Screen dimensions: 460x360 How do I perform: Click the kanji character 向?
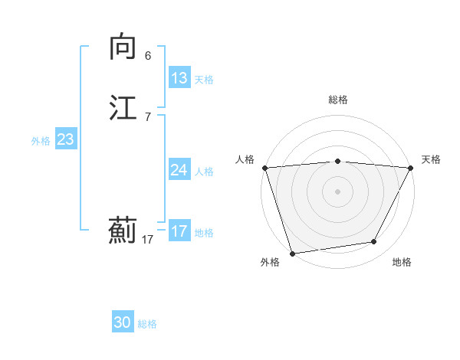(123, 47)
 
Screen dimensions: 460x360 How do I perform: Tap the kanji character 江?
(123, 107)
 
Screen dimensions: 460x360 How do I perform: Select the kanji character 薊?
(123, 231)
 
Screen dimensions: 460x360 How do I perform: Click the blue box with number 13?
(179, 78)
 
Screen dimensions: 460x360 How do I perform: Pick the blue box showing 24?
(179, 170)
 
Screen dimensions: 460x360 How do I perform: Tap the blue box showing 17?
(179, 231)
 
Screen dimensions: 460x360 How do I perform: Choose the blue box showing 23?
(66, 139)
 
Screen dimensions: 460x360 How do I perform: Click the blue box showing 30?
(123, 323)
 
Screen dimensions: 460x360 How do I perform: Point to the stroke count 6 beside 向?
(147, 56)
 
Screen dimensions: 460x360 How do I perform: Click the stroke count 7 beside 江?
(147, 116)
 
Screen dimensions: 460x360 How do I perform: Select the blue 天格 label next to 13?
(204, 79)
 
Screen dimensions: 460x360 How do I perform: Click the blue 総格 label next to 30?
(147, 324)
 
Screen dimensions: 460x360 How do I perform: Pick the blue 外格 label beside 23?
(41, 140)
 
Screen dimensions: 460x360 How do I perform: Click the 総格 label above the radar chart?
(337, 100)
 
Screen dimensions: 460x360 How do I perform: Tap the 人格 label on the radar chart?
(245, 159)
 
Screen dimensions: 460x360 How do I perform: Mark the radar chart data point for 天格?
(411, 168)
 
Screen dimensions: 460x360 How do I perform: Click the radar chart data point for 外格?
(292, 253)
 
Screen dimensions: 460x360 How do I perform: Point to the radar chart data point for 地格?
(374, 242)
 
